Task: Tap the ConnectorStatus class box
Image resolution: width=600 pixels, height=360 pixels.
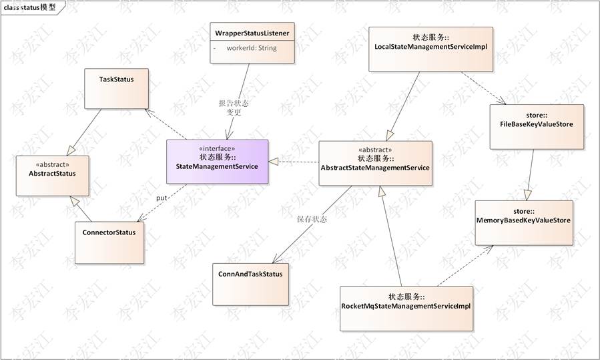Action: coord(109,240)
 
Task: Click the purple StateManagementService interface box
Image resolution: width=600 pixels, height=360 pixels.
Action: coord(217,162)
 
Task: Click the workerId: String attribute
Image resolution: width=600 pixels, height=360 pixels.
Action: coord(251,48)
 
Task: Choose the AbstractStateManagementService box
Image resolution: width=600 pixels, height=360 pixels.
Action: coord(375,164)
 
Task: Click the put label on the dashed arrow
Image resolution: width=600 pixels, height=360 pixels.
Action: coord(162,198)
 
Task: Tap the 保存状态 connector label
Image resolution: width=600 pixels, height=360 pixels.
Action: coord(312,219)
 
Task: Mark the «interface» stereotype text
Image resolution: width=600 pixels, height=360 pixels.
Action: coord(217,148)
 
